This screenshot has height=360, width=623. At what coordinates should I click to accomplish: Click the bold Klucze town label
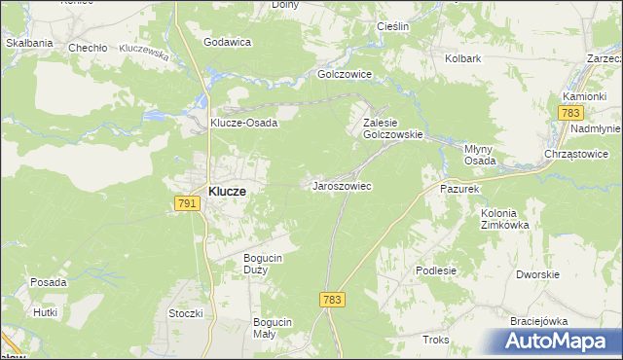(x=227, y=192)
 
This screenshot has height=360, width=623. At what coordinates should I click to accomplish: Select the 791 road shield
(x=188, y=203)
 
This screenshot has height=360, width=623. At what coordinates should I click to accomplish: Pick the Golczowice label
(x=347, y=73)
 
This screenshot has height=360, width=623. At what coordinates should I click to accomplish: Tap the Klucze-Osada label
(x=244, y=123)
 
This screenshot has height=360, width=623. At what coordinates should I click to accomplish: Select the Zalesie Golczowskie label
(x=391, y=128)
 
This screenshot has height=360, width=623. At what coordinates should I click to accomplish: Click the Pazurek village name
(x=459, y=187)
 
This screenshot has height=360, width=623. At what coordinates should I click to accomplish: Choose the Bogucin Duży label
(x=262, y=263)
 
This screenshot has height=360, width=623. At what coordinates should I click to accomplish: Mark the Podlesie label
(x=435, y=270)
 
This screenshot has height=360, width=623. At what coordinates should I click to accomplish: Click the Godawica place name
(x=227, y=43)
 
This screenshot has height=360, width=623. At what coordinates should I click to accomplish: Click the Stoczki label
(x=185, y=313)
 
